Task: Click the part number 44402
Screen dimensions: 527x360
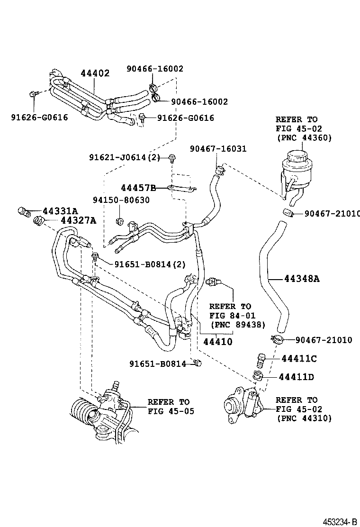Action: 95,73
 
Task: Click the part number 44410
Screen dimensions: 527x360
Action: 218,341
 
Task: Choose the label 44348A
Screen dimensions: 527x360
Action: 302,279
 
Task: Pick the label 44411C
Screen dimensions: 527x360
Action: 299,359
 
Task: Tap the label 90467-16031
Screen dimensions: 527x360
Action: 218,149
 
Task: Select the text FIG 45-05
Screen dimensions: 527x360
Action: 171,411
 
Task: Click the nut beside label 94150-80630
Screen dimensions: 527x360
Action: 120,221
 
